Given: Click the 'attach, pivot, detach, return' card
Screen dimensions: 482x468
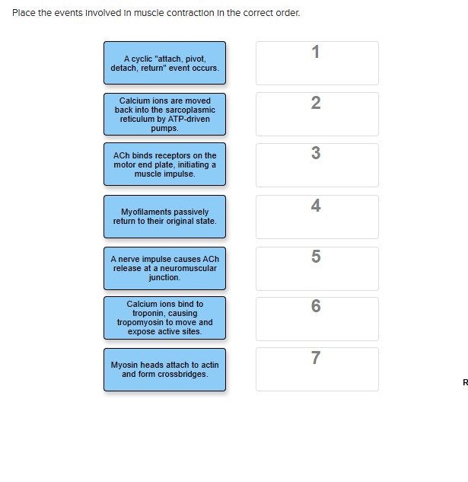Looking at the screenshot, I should (164, 63).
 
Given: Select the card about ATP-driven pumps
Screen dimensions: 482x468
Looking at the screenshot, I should (164, 114).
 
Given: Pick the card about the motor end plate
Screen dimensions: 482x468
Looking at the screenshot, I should (164, 164).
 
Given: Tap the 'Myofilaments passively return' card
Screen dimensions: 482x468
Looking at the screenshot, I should (164, 216).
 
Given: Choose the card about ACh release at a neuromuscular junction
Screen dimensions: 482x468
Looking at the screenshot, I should (164, 268).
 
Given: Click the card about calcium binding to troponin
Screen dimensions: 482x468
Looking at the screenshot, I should (164, 318).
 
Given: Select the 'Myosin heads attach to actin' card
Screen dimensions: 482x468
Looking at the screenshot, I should (164, 370).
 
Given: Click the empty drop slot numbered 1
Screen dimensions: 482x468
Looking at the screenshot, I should (317, 64).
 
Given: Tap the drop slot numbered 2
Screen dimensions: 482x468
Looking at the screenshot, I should (317, 114).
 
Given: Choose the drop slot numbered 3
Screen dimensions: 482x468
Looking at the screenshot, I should (317, 165).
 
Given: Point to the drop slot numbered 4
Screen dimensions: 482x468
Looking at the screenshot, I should (317, 217).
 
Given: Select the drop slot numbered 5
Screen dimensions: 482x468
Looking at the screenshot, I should (317, 268).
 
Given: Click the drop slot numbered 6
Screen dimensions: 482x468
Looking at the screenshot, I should (317, 318).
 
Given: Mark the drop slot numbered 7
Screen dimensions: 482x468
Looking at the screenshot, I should (317, 369).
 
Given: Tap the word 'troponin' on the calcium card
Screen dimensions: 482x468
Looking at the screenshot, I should (164, 313).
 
